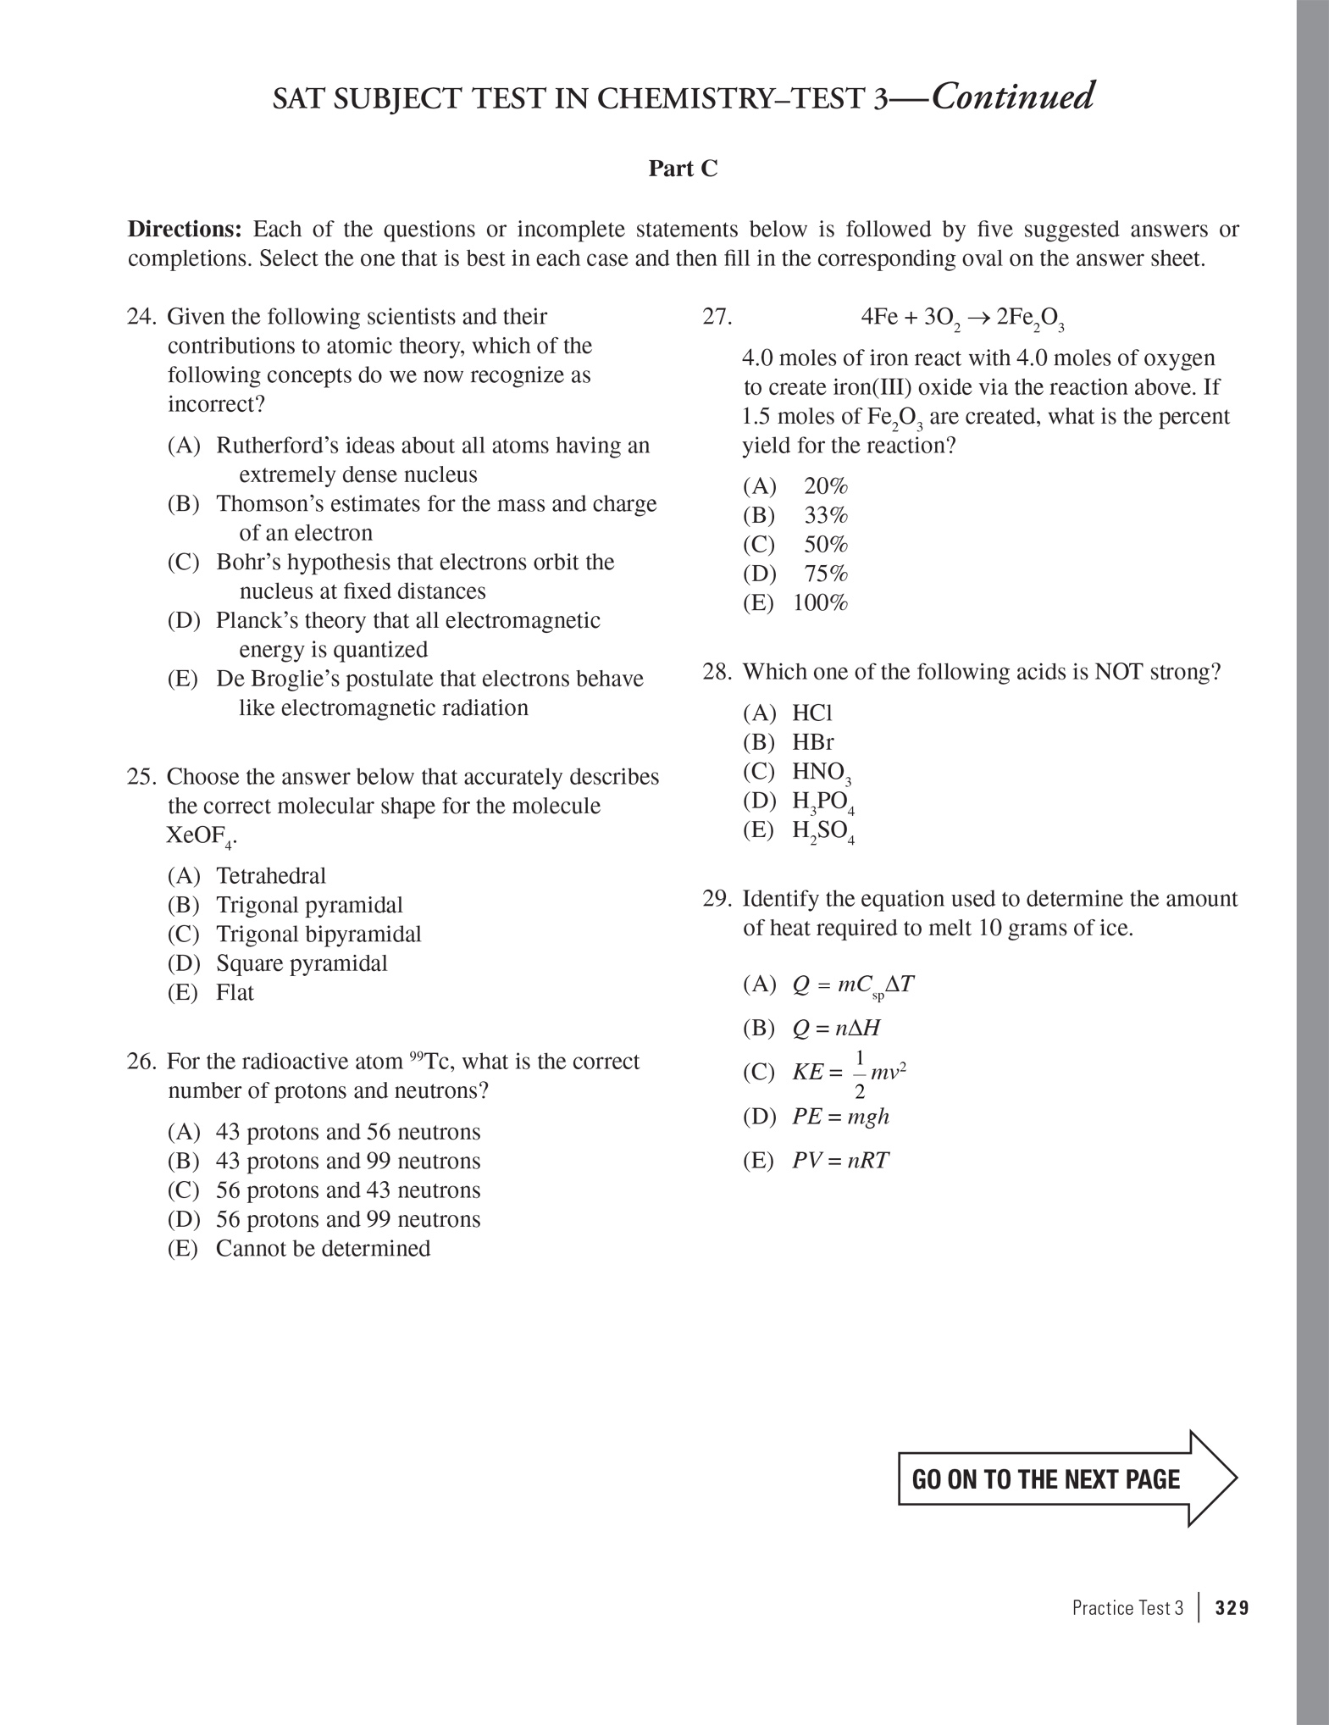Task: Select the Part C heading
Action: pos(683,169)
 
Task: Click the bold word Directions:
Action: pos(185,230)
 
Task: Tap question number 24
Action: pos(141,317)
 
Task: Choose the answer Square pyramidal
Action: pos(301,963)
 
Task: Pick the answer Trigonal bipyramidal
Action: pos(318,934)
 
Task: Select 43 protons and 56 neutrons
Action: pos(347,1132)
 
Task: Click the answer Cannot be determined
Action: pos(323,1248)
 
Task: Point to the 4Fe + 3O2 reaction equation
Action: pos(961,319)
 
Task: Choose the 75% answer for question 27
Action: pos(825,574)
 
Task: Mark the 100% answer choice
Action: pos(820,603)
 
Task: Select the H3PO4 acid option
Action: pos(822,801)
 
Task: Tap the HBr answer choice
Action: pos(812,742)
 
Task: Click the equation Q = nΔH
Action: pos(836,1029)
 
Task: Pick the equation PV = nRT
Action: pos(840,1161)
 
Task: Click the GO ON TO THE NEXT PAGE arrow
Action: pos(1066,1479)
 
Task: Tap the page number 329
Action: pos(1232,1608)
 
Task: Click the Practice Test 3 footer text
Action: pos(1127,1608)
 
